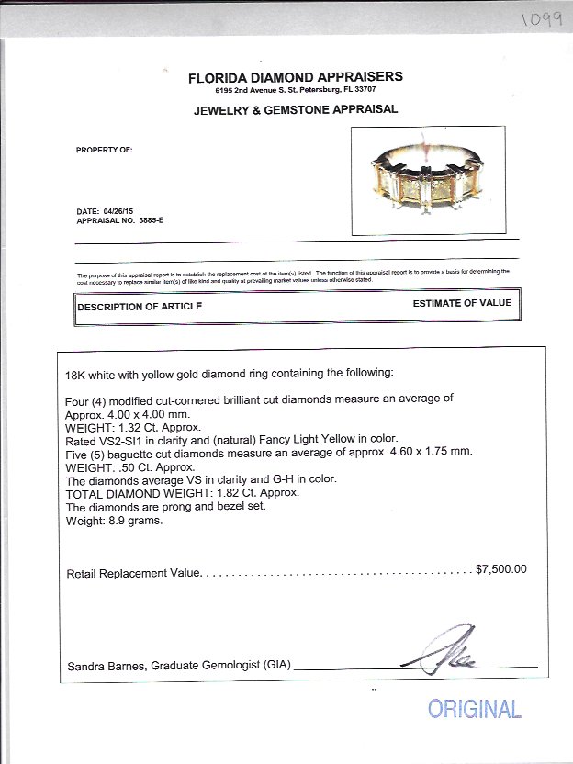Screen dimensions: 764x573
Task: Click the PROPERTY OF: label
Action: pyautogui.click(x=97, y=150)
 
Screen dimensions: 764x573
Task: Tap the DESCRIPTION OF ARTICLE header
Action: pyautogui.click(x=140, y=307)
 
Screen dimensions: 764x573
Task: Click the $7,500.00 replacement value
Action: pyautogui.click(x=501, y=568)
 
